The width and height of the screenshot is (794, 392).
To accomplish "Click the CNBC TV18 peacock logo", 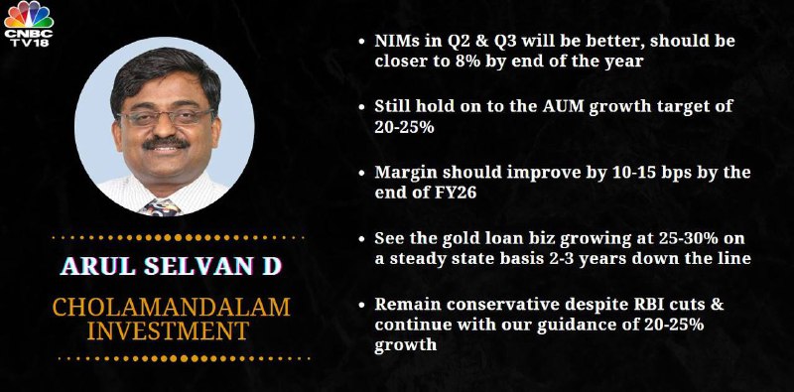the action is coord(29,24).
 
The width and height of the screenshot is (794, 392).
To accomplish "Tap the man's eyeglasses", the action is coord(166,117).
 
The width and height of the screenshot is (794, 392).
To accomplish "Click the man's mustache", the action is coord(166,143).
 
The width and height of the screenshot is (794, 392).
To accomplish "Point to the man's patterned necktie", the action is coord(161,207).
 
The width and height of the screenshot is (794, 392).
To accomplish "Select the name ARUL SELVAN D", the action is coord(171,266).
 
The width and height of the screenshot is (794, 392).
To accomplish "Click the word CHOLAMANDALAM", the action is coord(171,308).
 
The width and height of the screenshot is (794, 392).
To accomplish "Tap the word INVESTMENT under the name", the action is coord(168,330).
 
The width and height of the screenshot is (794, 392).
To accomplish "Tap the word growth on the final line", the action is coord(406,345).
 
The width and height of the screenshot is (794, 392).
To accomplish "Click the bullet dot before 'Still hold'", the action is coord(361,107).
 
